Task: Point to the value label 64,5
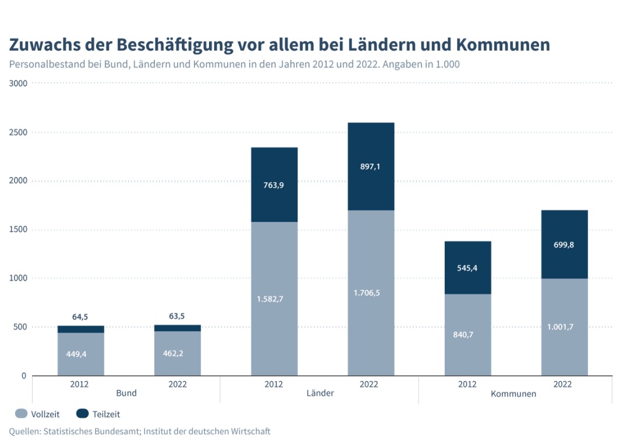click(x=80, y=317)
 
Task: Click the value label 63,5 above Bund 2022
click(x=177, y=317)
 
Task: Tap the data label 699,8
click(x=564, y=245)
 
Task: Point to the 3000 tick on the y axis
click(x=19, y=83)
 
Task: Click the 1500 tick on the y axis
click(x=19, y=229)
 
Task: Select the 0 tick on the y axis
click(x=24, y=375)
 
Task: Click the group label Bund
click(x=126, y=393)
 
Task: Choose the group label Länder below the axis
click(x=320, y=393)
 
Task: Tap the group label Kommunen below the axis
click(x=513, y=394)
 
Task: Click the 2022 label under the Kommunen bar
click(x=562, y=384)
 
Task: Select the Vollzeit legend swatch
click(x=21, y=414)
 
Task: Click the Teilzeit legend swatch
click(x=82, y=414)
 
